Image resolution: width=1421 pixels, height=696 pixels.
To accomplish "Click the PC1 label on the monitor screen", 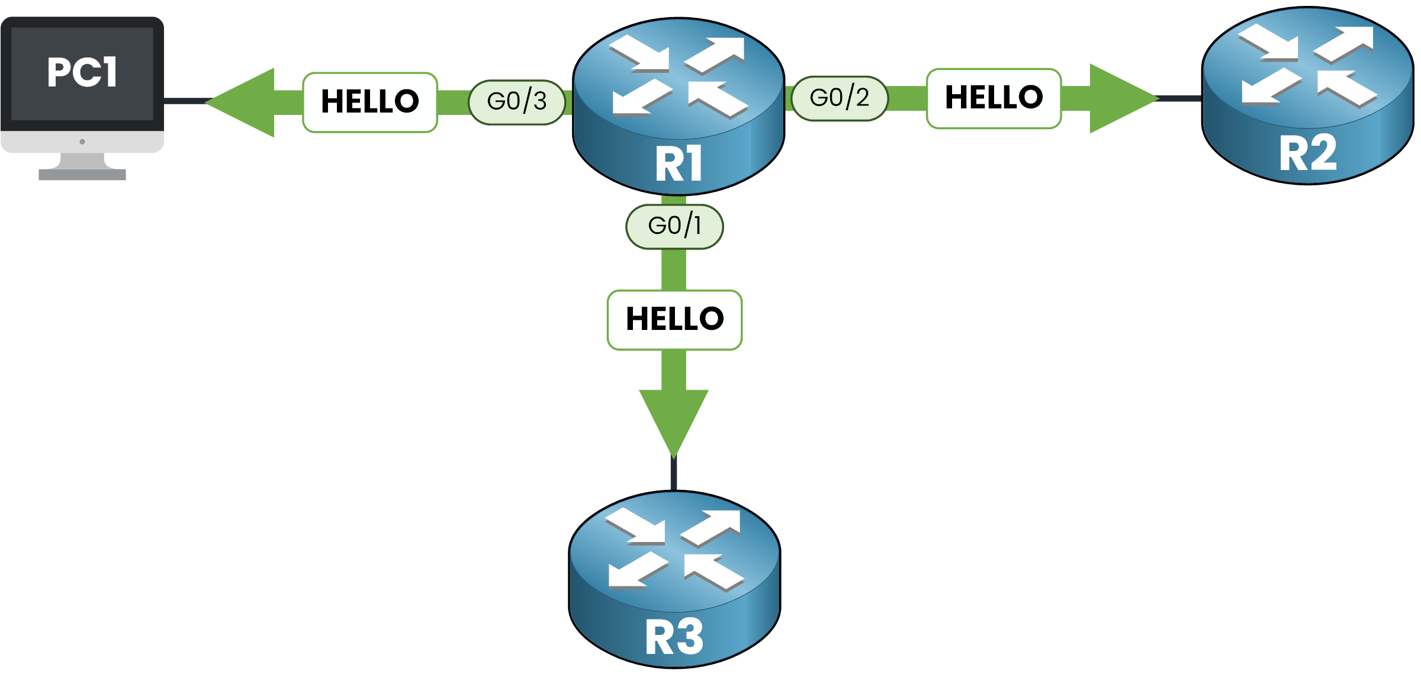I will (82, 72).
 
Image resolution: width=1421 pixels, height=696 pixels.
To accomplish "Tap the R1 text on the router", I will (679, 164).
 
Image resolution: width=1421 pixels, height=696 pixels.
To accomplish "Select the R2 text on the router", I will (1308, 153).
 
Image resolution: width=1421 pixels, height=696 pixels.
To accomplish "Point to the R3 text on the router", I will (674, 637).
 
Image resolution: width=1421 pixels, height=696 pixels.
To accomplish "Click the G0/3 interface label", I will (517, 102).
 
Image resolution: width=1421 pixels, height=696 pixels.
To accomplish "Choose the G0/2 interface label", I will (840, 98).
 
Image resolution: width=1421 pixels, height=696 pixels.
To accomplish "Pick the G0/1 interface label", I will (674, 226).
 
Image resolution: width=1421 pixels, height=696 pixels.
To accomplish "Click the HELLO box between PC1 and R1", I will (370, 102).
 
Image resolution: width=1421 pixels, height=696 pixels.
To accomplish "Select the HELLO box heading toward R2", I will (994, 98).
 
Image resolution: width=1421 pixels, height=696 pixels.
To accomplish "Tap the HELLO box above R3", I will (674, 320).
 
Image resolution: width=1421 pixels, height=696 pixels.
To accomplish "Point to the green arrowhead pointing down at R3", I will (674, 418).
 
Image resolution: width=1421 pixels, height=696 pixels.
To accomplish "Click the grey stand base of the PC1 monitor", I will (82, 174).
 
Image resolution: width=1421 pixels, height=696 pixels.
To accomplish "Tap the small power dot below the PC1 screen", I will (82, 142).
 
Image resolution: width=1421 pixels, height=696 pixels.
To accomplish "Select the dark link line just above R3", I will (674, 474).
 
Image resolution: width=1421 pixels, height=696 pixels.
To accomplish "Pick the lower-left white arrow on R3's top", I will (636, 571).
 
